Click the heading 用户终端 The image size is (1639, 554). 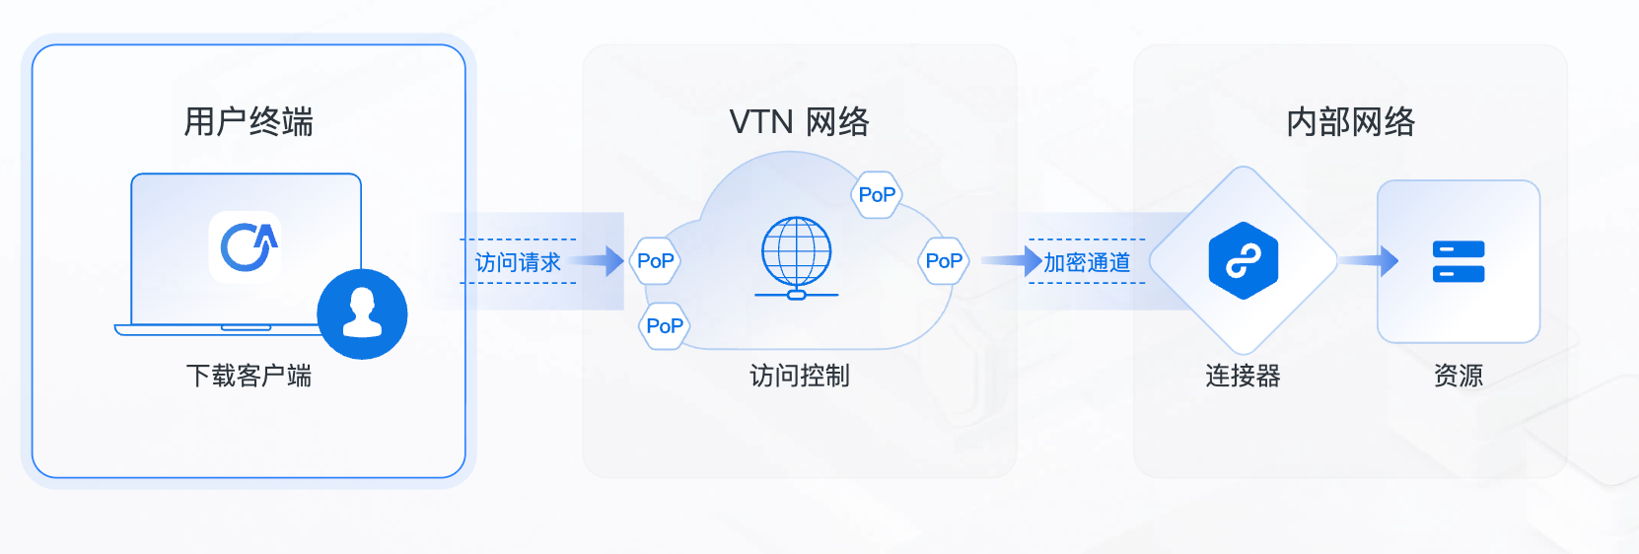coord(249,122)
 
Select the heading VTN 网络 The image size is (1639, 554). coord(799,122)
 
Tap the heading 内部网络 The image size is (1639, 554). coord(1350,122)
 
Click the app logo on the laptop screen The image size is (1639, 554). coord(246,246)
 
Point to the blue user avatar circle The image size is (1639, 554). coord(362,313)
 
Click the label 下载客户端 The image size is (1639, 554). coord(249,376)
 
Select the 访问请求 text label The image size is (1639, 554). coord(518,262)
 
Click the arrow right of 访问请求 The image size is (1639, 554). coord(600,261)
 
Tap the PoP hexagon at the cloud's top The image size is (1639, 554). coord(876,194)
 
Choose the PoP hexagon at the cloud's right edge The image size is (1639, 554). coord(944,261)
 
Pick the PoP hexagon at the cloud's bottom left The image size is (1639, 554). coord(664,326)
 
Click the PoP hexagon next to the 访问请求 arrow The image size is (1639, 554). coord(655,261)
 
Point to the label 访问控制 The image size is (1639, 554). coord(799,376)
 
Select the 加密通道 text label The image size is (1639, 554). coord(1087,262)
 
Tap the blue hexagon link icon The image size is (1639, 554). coord(1243,261)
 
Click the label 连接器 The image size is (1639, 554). coord(1243,376)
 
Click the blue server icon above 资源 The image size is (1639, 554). coord(1458,261)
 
